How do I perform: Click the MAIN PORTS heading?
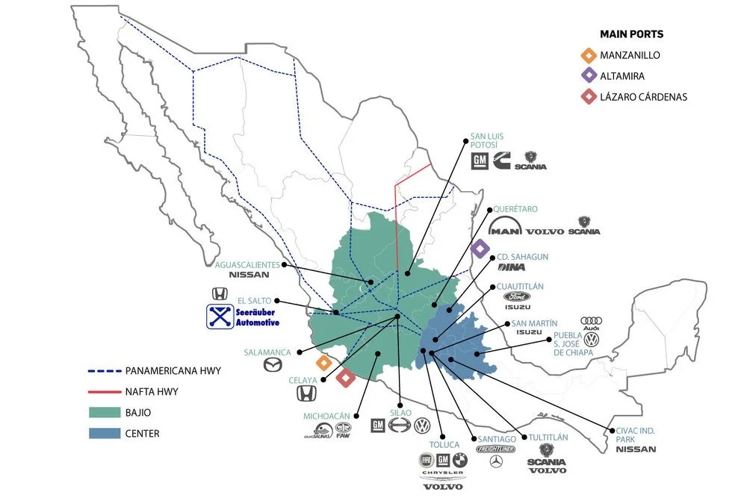pos(631,34)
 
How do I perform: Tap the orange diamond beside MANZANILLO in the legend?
pos(589,55)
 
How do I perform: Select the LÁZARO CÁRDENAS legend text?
pos(644,96)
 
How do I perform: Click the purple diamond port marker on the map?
pos(480,249)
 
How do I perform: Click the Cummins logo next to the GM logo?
pos(500,160)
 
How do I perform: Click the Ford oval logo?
pos(516,296)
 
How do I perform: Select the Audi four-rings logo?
pos(591,321)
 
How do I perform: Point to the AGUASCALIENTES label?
pos(247,264)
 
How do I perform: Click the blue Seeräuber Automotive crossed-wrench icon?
pos(220,317)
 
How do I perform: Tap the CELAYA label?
pos(303,380)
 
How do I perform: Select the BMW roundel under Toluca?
pos(462,459)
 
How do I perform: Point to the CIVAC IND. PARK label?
pos(635,434)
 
